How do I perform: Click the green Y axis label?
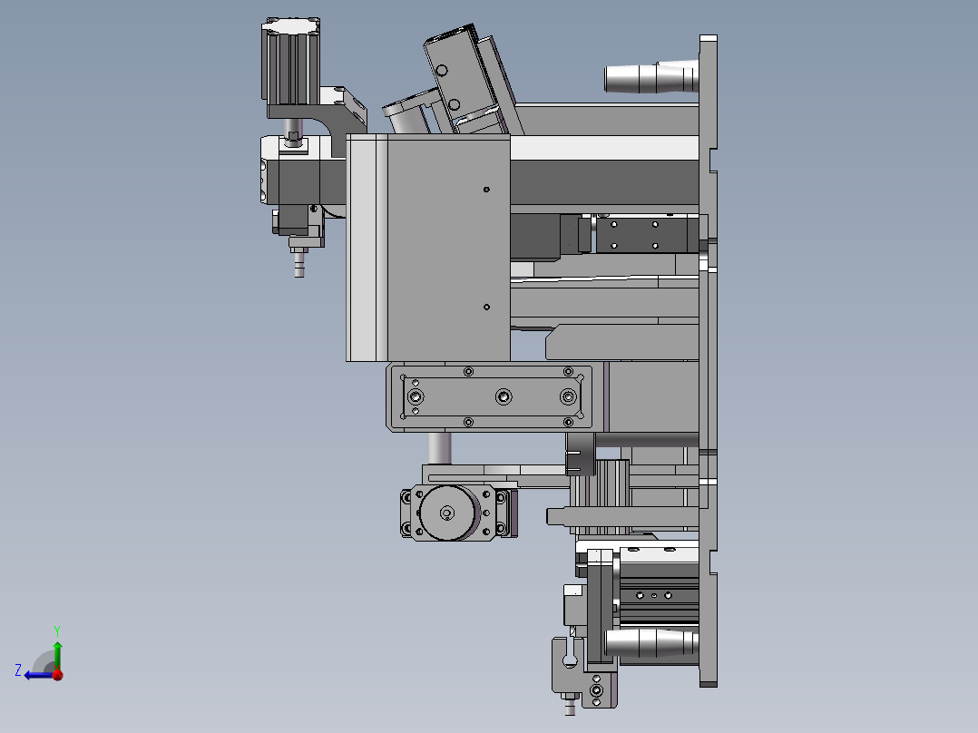(57, 630)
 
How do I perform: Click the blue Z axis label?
(18, 670)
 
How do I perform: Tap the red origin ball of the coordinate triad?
(57, 674)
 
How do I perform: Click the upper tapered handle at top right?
(651, 77)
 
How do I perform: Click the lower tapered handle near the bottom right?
(651, 643)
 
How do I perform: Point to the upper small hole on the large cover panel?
(486, 189)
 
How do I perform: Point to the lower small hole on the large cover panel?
(486, 307)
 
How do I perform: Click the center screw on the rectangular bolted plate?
(504, 396)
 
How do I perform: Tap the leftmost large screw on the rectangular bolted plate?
(416, 396)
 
